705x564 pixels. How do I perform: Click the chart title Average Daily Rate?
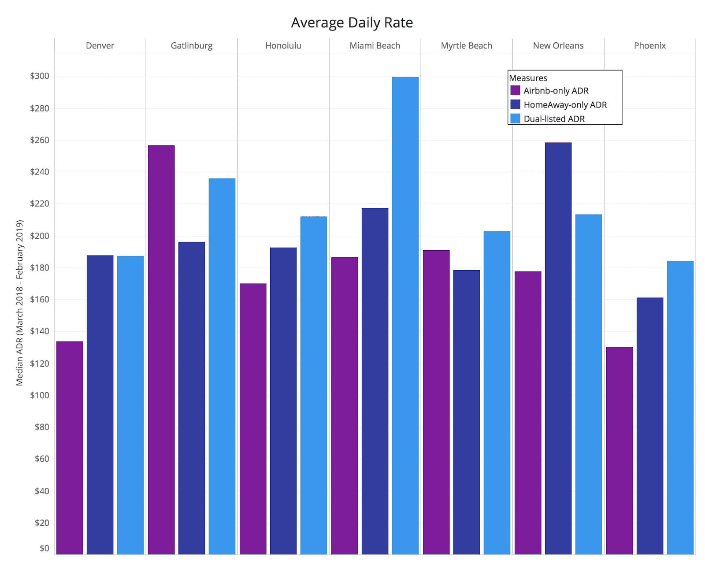pos(352,22)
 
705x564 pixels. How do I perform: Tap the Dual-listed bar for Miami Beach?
pos(405,315)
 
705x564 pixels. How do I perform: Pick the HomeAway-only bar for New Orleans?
pos(558,348)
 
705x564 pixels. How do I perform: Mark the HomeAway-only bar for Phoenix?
pos(649,426)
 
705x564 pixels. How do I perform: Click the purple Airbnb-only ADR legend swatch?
pos(515,91)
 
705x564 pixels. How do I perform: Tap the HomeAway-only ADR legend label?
pos(565,105)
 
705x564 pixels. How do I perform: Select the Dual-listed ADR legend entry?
pos(554,119)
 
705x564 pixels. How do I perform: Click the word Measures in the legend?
pos(528,78)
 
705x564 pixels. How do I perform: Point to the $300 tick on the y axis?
pos(40,76)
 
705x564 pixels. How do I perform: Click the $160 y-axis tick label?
pos(40,300)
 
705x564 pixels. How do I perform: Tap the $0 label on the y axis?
pos(44,548)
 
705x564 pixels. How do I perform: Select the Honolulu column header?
pos(283,46)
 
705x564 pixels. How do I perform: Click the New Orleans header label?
pos(558,46)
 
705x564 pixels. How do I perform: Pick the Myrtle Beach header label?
pos(466,46)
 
